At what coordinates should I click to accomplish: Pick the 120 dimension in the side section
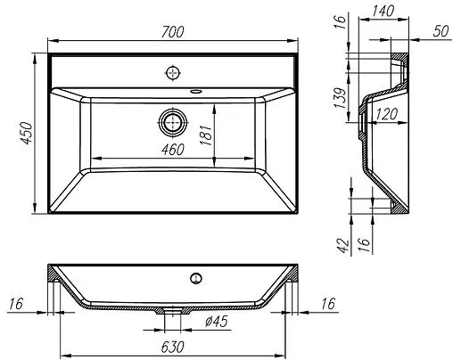coord(385,113)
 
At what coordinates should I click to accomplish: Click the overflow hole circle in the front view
coord(194,277)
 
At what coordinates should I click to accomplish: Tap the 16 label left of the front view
coord(16,305)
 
